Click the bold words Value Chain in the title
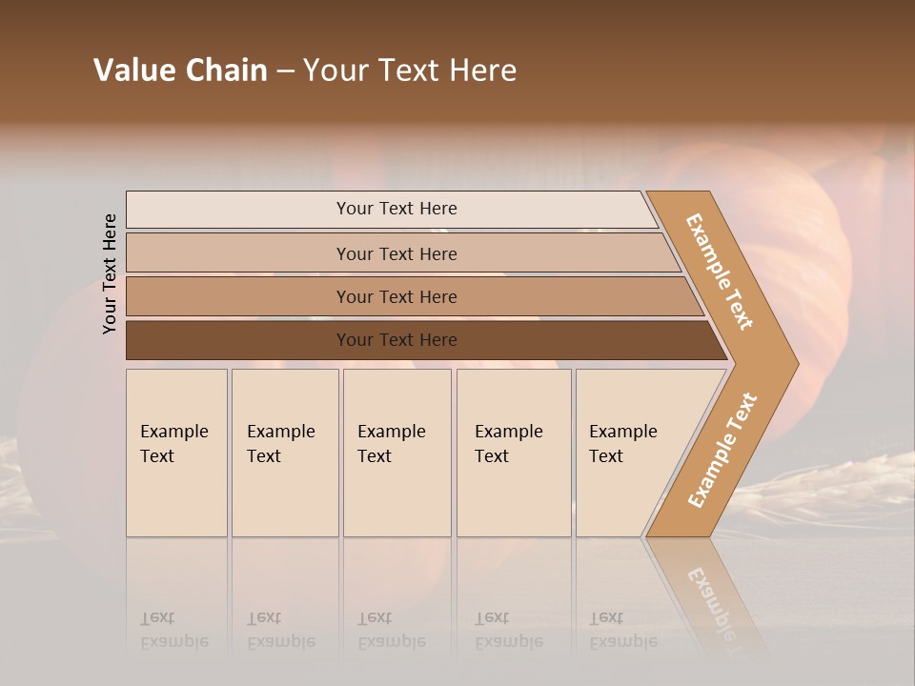click(180, 71)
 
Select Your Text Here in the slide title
click(410, 71)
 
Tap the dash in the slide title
click(285, 71)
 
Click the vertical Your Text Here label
click(110, 274)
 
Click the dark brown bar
click(238, 340)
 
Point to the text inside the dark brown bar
click(396, 340)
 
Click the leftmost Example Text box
click(176, 453)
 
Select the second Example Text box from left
click(285, 453)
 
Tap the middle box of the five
click(396, 453)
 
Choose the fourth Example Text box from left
click(514, 453)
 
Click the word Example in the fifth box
click(623, 432)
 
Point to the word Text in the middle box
click(375, 456)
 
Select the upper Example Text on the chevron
click(720, 272)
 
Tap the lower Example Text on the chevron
click(722, 451)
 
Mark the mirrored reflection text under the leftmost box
click(174, 630)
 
